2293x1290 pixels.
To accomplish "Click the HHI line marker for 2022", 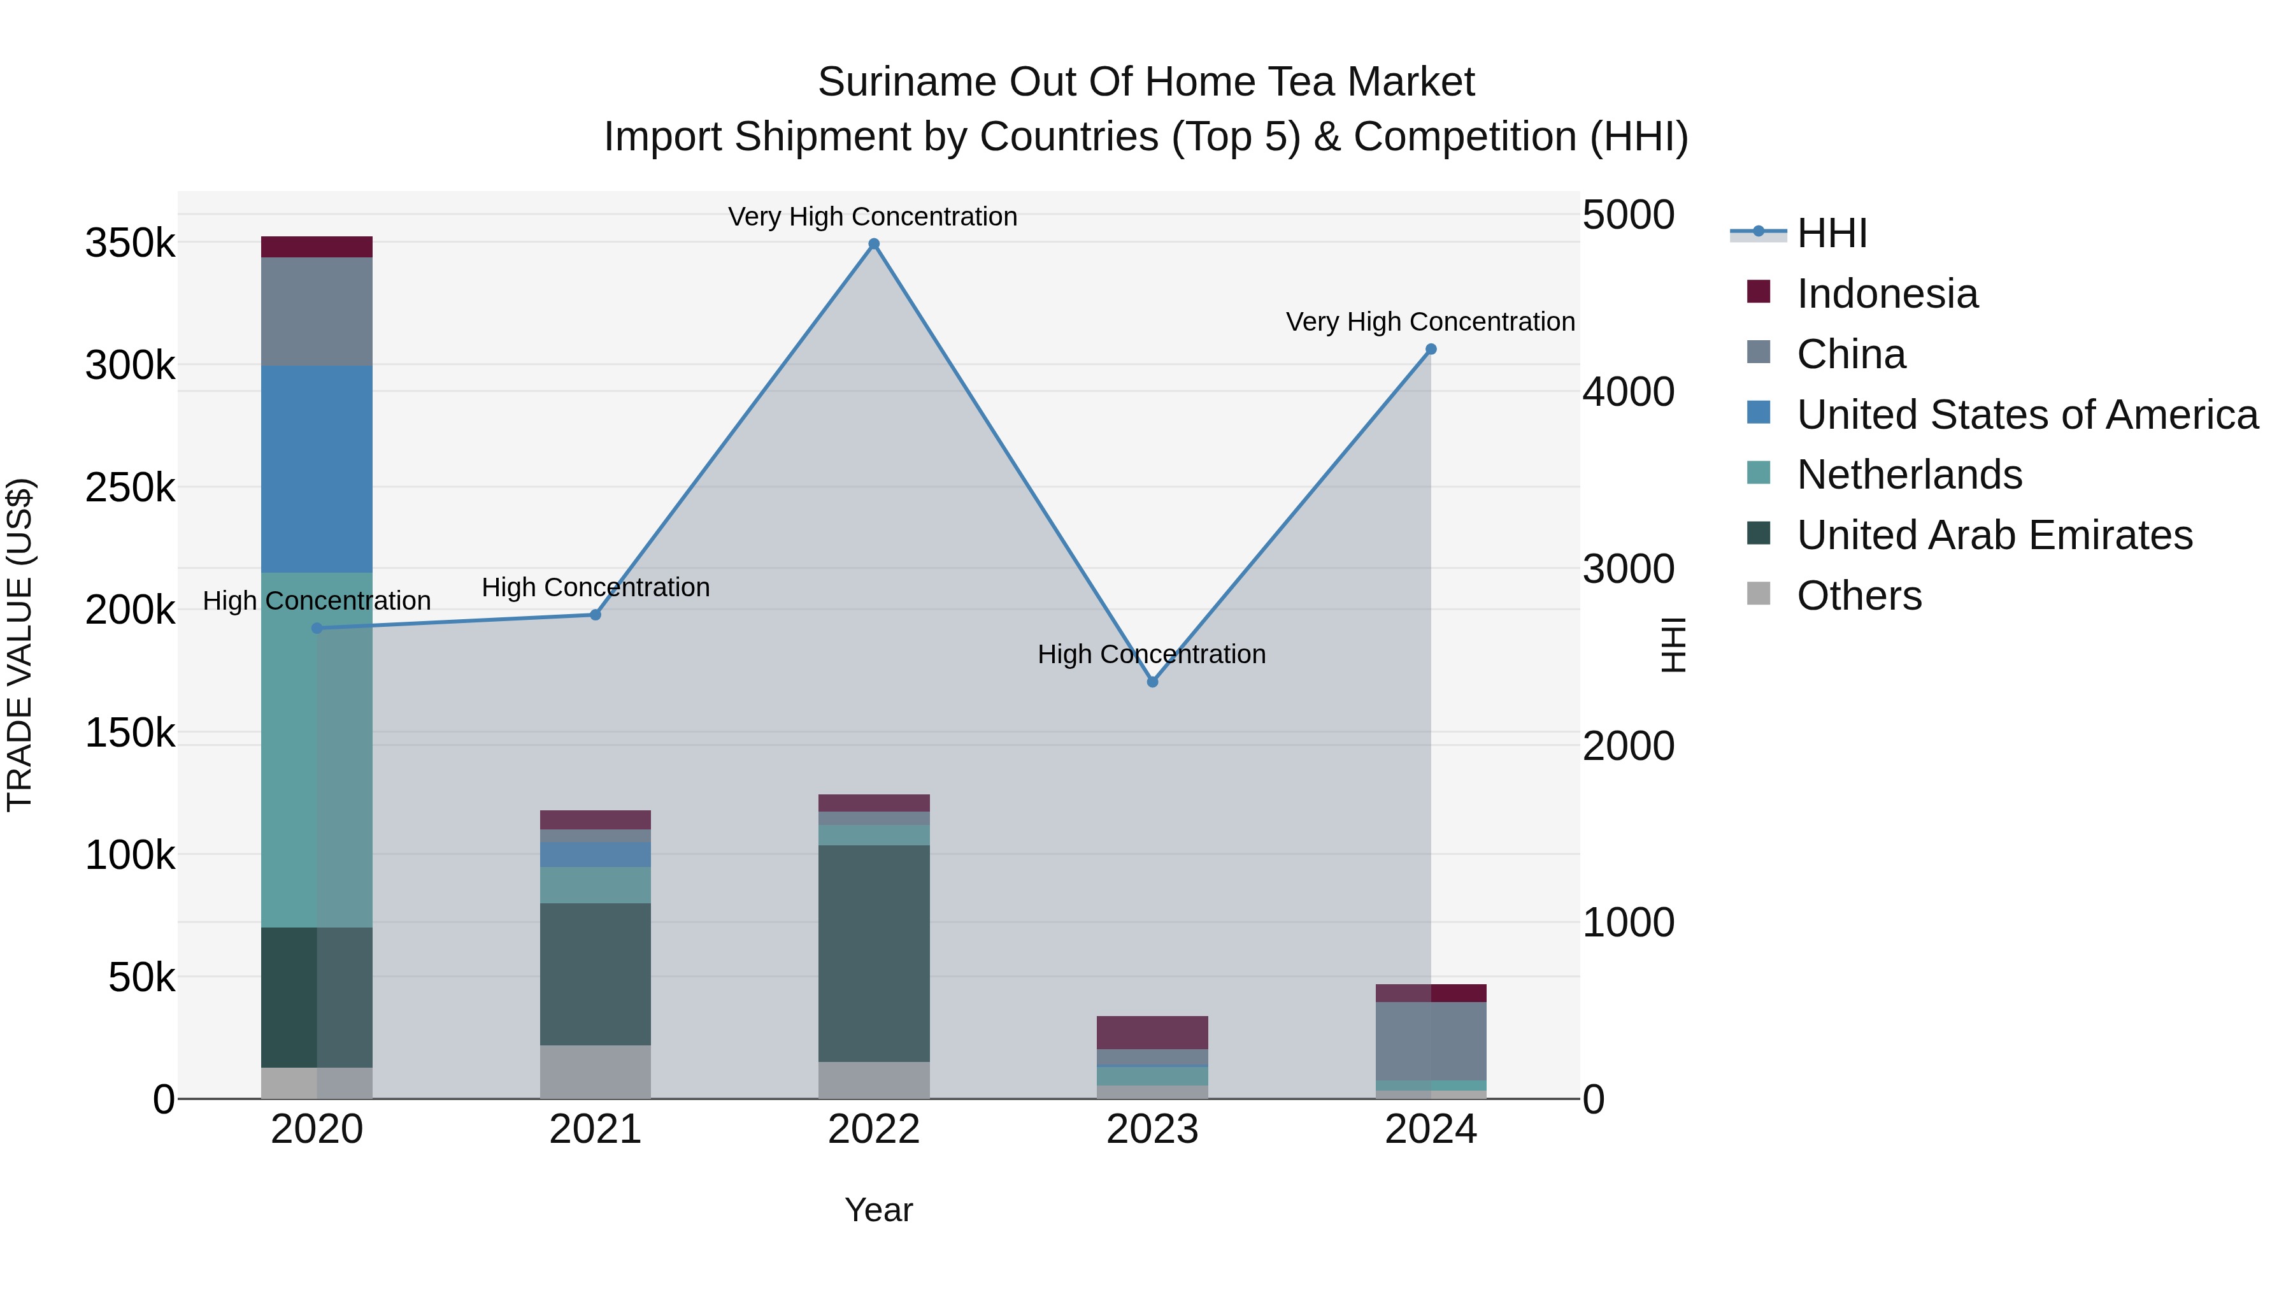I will tap(873, 244).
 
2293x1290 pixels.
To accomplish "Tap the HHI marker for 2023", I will tap(1152, 682).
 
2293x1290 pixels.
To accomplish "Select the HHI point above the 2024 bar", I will tap(1431, 349).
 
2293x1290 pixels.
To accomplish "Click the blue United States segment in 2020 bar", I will tap(317, 468).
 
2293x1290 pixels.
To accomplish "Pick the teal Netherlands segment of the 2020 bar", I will tap(317, 750).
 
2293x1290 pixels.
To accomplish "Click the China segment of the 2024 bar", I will tap(1431, 1041).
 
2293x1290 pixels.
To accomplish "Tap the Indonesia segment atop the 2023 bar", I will tap(1152, 1032).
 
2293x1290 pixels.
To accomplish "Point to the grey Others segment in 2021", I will tap(595, 1072).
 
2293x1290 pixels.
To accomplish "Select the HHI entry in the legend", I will tap(1831, 233).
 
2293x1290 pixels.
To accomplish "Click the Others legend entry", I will tap(1859, 596).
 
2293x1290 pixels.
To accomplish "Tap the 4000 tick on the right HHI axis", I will tap(1628, 392).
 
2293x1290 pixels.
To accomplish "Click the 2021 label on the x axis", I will tap(595, 1129).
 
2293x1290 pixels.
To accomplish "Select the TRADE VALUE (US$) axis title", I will tap(20, 645).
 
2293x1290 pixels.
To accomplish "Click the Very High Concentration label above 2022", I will tap(873, 217).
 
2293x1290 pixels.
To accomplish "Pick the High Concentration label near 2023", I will tap(1151, 654).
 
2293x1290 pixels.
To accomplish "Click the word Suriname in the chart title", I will tap(906, 82).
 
